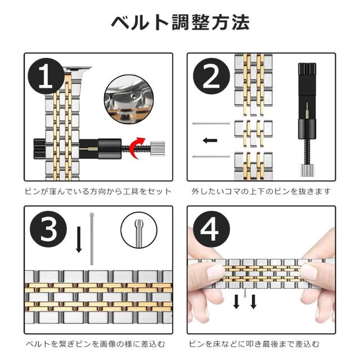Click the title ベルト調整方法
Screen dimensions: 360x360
pyautogui.click(x=181, y=22)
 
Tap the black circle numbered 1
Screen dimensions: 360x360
pyautogui.click(x=46, y=76)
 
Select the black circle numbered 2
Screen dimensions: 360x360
pyautogui.click(x=211, y=76)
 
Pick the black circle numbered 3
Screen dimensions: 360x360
pyautogui.click(x=48, y=229)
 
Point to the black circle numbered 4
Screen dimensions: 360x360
pyautogui.click(x=211, y=229)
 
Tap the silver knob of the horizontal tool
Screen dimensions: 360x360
pyautogui.click(x=157, y=148)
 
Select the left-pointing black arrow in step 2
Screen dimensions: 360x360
pyautogui.click(x=210, y=140)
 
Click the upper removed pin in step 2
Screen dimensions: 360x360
pyautogui.click(x=211, y=124)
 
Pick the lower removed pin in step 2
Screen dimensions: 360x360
pyautogui.click(x=211, y=156)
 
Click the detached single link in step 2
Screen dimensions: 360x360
pyautogui.click(x=254, y=133)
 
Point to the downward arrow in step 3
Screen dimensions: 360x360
pyautogui.click(x=79, y=240)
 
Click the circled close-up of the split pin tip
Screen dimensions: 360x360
pyautogui.click(x=139, y=230)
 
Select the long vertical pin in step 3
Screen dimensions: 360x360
pyautogui.click(x=92, y=239)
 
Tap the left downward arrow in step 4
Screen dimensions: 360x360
pyautogui.click(x=236, y=301)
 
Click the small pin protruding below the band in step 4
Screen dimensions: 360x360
pyautogui.click(x=245, y=293)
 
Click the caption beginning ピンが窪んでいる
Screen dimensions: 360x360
pyautogui.click(x=98, y=191)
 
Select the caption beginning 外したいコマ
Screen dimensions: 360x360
pyautogui.click(x=261, y=191)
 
